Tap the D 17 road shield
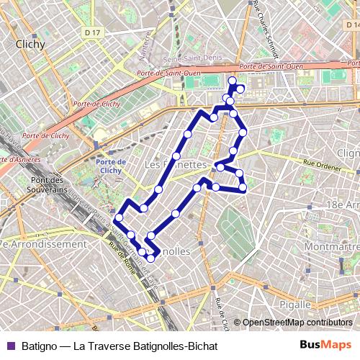90,32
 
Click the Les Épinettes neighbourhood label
175,165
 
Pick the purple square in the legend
11,345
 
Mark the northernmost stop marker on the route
233,80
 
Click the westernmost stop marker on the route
119,217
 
